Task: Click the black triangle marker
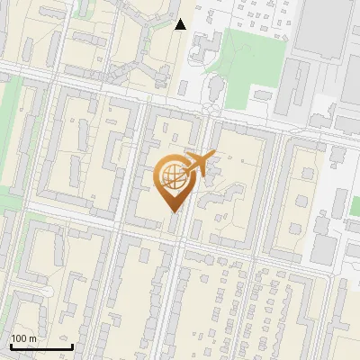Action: coord(181,24)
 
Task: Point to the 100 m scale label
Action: coord(23,338)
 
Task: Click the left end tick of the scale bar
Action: coord(11,346)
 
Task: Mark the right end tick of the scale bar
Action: coord(72,346)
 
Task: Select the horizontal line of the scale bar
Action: coord(41,346)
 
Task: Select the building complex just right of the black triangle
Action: coord(206,45)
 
